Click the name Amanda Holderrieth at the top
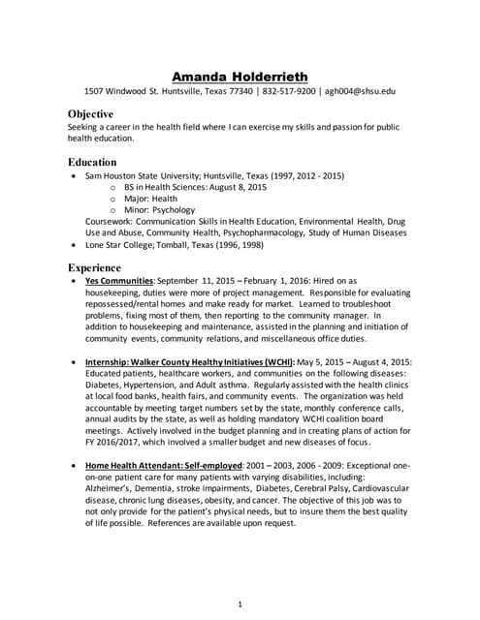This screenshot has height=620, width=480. pos(240,76)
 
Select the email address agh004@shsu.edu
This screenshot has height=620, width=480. pos(360,93)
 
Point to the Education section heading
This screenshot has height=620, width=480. pos(92,162)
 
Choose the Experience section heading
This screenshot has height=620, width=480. pos(95,266)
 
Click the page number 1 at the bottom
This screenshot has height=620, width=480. pos(240,578)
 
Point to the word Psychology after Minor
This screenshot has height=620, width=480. pos(173,209)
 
